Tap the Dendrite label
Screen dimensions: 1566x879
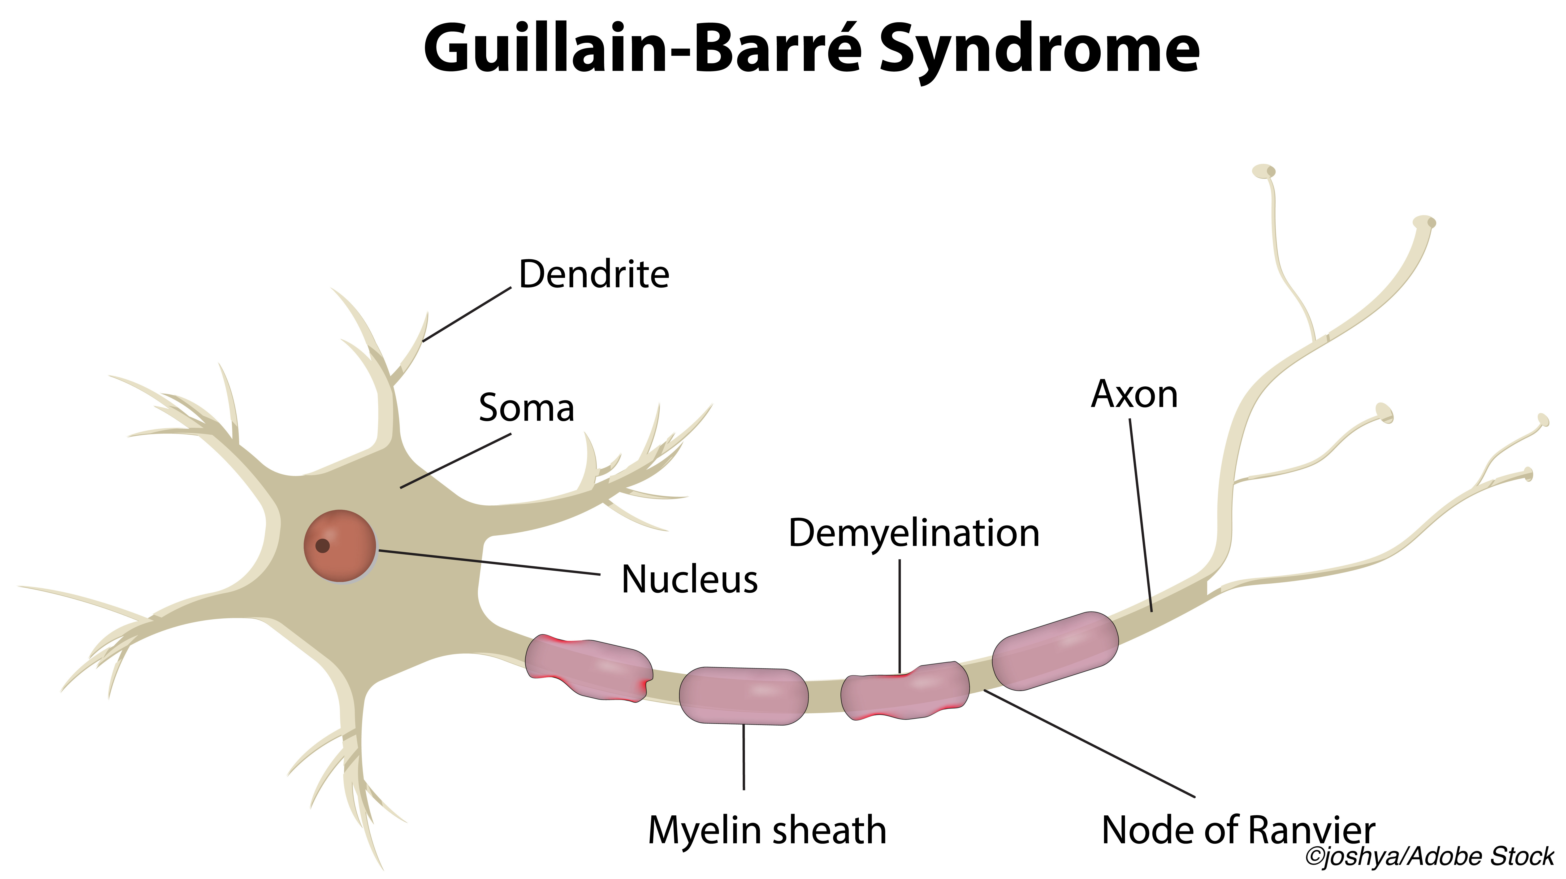[x=594, y=274]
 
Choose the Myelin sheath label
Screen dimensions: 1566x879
[x=767, y=831]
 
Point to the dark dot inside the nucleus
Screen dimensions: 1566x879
[x=323, y=546]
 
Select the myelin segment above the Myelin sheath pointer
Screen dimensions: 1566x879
[x=744, y=696]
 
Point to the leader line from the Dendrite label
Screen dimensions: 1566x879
[x=467, y=315]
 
